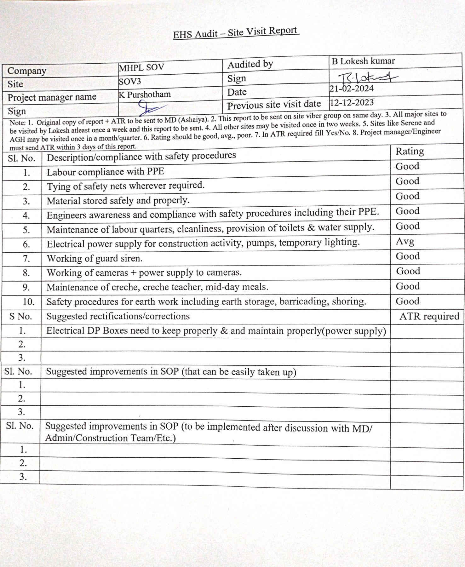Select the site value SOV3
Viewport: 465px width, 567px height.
point(130,82)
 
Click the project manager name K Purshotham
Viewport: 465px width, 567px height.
point(145,94)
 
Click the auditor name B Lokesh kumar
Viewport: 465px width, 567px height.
point(363,61)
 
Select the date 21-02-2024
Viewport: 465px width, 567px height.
point(351,89)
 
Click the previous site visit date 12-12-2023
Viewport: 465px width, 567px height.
point(352,103)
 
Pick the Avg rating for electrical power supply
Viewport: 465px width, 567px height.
point(405,241)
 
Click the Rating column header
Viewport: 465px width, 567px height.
point(410,152)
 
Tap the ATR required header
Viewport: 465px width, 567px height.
point(429,316)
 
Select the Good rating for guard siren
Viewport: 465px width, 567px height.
point(408,256)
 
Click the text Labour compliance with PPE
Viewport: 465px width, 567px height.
point(106,172)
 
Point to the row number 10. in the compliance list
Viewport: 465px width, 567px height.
point(28,302)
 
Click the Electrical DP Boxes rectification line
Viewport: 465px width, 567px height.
point(216,331)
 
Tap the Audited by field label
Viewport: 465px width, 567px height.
point(250,65)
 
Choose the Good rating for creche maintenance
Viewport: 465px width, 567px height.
point(408,286)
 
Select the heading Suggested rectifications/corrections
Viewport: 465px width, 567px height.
point(118,316)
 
